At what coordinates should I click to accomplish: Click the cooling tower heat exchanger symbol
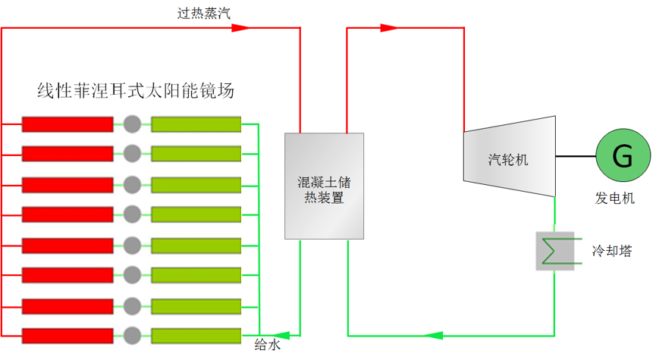556,250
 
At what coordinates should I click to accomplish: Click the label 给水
267,346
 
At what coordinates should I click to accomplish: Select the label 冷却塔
613,250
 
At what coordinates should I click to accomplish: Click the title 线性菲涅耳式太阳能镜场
136,92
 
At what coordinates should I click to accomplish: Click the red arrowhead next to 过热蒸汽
240,28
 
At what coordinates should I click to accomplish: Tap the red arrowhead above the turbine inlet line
388,28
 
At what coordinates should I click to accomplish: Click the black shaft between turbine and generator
576,156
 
